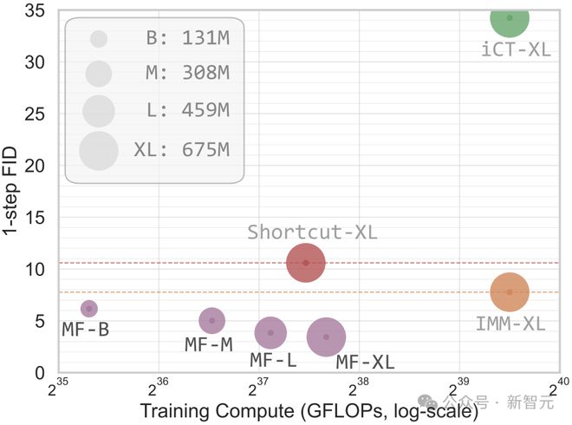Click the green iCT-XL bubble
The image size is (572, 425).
[x=510, y=17]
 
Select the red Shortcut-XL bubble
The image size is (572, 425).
[x=305, y=262]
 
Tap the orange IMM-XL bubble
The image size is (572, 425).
[x=510, y=291]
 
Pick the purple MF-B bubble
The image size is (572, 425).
[x=88, y=309]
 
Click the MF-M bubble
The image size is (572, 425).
[x=211, y=321]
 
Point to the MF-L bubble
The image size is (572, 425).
[x=270, y=331]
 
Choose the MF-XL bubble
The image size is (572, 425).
[x=326, y=337]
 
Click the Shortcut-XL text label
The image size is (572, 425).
[x=312, y=232]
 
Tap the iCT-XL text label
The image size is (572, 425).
[x=516, y=49]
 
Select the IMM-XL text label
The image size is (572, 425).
[x=510, y=324]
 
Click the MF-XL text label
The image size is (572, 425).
[x=365, y=363]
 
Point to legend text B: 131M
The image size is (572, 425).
[x=187, y=38]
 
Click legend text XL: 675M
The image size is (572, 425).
[x=181, y=150]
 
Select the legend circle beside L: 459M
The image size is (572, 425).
[x=99, y=111]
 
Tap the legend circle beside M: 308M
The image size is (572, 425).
[x=99, y=74]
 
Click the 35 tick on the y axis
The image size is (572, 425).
[x=35, y=10]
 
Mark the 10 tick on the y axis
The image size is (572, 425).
[x=35, y=269]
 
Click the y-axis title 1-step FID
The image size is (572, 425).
[x=12, y=184]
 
